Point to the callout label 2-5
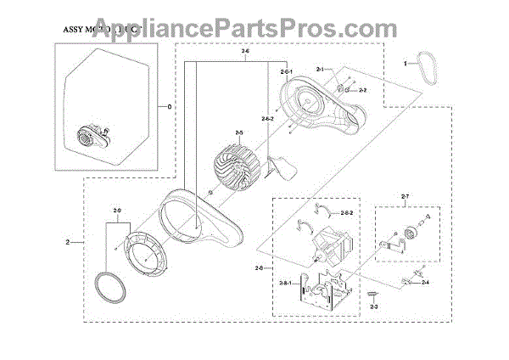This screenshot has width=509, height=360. (x=239, y=132)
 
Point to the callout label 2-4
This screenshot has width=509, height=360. (x=423, y=281)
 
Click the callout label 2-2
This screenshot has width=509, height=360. (x=361, y=89)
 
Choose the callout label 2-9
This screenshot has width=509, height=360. (x=116, y=209)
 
